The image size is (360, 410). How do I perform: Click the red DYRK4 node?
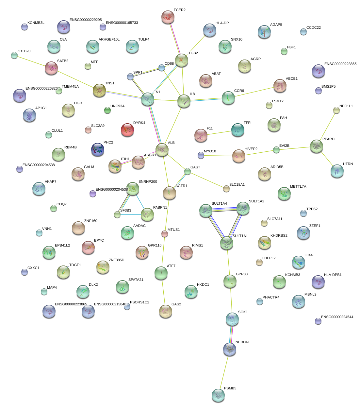tap(127, 130)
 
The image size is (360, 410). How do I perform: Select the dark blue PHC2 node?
tap(98, 149)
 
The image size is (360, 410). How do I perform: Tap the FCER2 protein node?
tap(168, 17)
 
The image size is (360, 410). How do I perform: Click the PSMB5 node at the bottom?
tap(218, 395)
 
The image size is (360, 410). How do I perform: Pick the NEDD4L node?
tap(230, 349)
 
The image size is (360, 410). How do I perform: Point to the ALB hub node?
tap(162, 150)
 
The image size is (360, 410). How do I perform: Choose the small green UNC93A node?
tap(107, 110)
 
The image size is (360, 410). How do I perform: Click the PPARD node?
tap(316, 146)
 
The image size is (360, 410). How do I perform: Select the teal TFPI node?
tap(238, 130)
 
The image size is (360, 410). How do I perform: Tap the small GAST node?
tap(187, 171)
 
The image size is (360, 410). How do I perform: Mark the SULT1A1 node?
tap(227, 243)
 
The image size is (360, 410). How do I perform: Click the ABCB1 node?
tap(280, 86)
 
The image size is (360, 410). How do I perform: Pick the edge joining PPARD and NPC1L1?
tap(327, 128)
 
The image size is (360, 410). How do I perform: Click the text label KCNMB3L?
tap(36, 23)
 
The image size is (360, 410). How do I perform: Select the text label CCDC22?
tap(314, 28)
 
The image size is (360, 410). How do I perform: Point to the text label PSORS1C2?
tap(139, 302)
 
